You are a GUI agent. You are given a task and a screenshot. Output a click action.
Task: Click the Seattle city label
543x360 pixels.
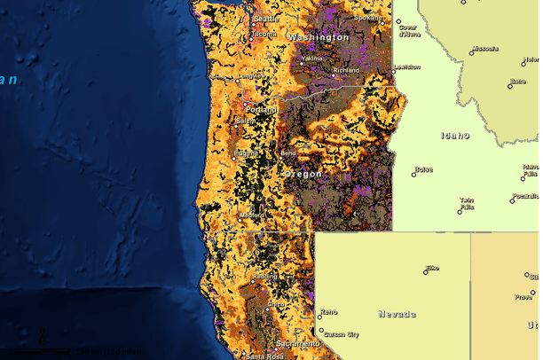[265, 19]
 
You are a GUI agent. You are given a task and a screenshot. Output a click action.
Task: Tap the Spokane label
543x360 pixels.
[367, 18]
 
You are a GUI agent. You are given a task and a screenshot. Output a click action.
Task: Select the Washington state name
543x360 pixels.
[319, 37]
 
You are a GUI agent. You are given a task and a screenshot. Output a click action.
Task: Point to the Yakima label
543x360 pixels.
[312, 59]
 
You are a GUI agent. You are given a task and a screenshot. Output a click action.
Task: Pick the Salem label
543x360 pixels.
[245, 121]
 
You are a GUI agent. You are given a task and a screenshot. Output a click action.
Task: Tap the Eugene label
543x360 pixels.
[247, 153]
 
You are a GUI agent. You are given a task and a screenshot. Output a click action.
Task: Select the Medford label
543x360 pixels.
[252, 215]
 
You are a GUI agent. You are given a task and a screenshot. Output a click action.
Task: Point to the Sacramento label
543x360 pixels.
[297, 343]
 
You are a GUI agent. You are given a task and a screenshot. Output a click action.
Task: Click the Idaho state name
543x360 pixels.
[454, 136]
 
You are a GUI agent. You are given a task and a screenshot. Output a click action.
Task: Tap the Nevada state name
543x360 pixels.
[397, 314]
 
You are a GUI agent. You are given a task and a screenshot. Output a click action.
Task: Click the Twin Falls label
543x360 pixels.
[466, 204]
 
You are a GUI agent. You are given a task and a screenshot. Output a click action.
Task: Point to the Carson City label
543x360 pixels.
[341, 334]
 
